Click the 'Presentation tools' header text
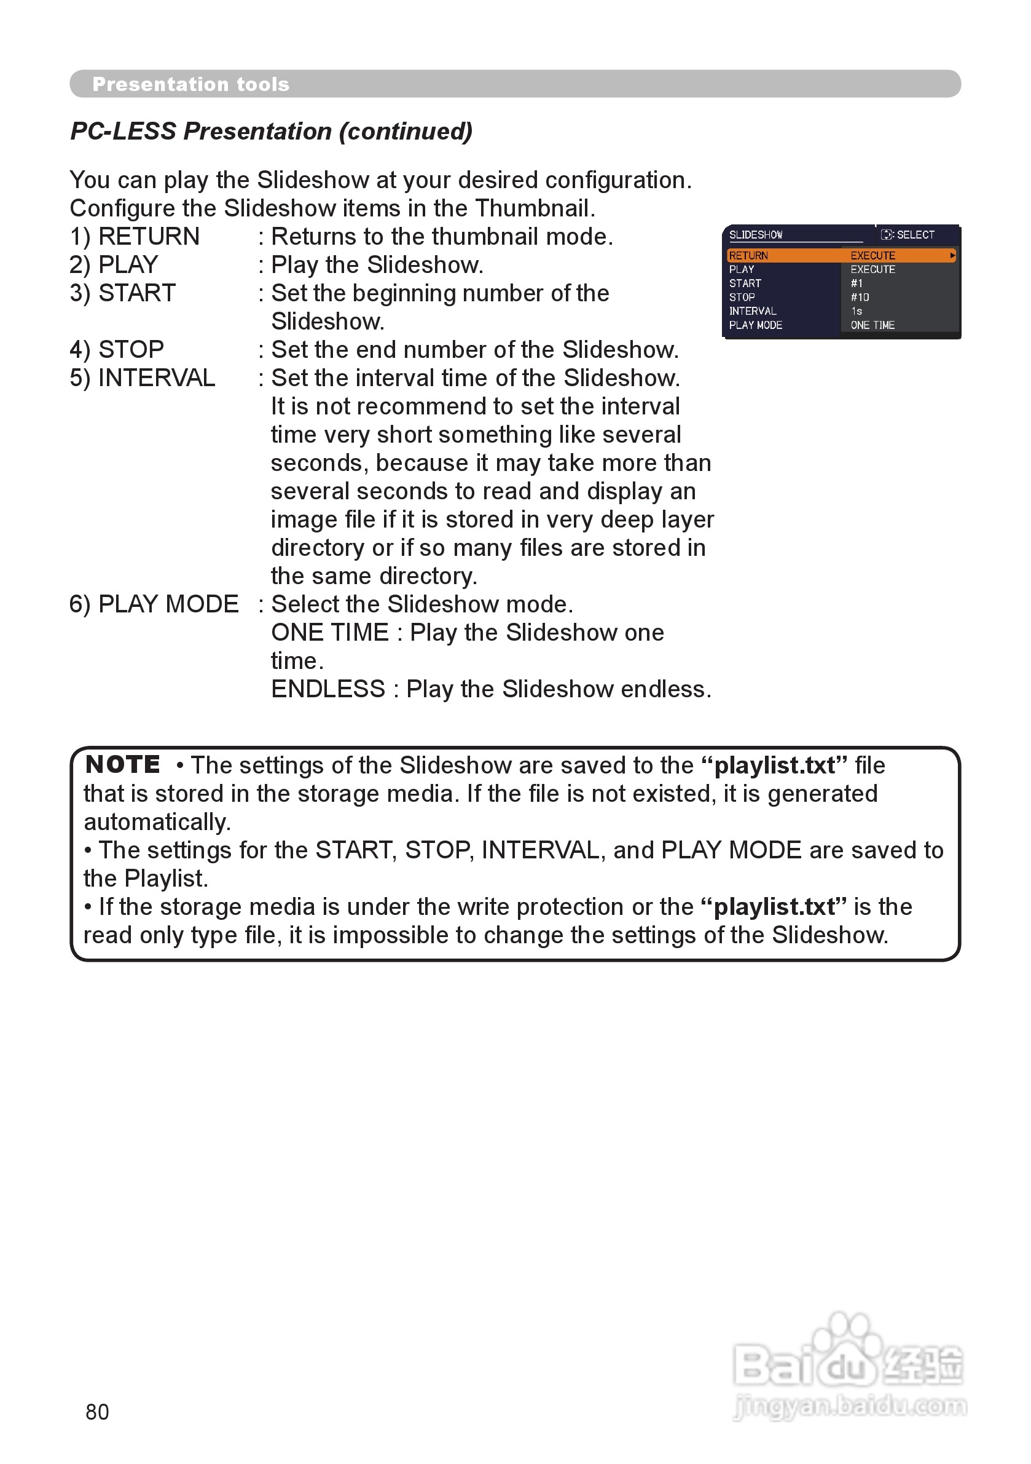[x=190, y=84]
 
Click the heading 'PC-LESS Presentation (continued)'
[x=272, y=132]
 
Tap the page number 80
[x=97, y=1412]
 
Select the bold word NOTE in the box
[x=123, y=764]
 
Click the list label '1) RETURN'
[x=135, y=237]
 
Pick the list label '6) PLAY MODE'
[x=154, y=604]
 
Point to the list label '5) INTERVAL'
[x=142, y=378]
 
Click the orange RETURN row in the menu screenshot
[x=841, y=256]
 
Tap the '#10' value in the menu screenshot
[x=860, y=297]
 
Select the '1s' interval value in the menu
[x=857, y=311]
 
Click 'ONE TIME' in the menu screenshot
[x=872, y=325]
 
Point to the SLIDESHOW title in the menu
[x=756, y=235]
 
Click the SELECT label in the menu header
[x=915, y=235]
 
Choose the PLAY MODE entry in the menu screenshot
[x=756, y=325]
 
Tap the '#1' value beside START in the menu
[x=857, y=283]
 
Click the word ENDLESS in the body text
[x=328, y=689]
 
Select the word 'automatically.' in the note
[x=157, y=822]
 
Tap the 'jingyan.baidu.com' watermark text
[x=850, y=1406]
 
